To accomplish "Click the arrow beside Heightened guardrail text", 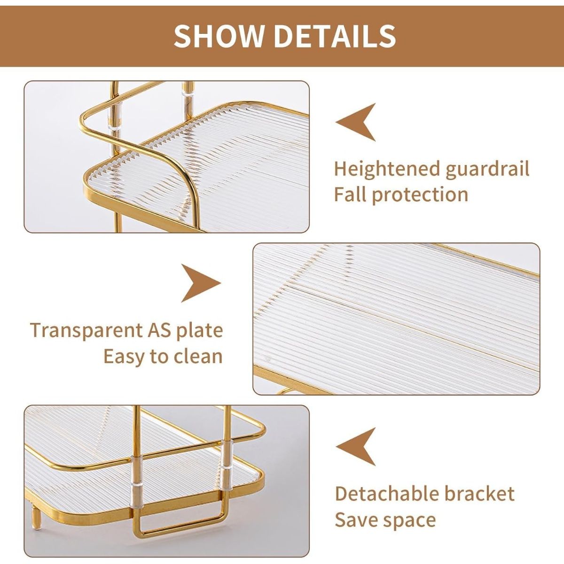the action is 358,122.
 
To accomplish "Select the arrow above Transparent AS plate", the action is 199,283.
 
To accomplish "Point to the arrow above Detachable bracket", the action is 358,446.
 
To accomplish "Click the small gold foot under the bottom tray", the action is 36,518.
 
